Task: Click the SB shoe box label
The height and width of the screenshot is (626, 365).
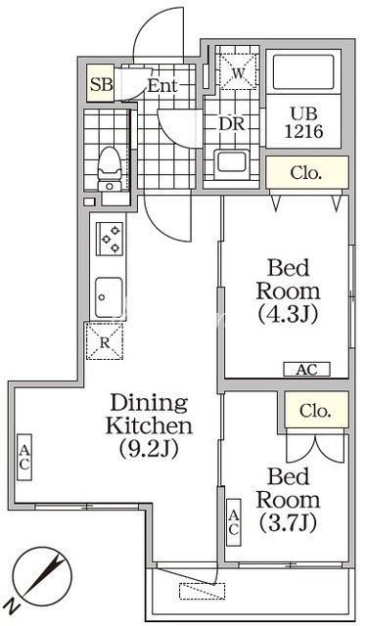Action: pos(101,84)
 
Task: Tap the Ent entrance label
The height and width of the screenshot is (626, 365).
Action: pos(162,85)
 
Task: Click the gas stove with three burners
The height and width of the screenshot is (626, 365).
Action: pos(110,239)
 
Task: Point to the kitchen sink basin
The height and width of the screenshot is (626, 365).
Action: pos(109,297)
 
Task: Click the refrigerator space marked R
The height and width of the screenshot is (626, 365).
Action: pos(105,341)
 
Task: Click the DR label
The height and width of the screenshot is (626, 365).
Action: pos(232,124)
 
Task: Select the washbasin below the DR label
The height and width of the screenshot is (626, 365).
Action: pos(231,164)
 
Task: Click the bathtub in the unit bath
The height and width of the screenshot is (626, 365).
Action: pos(303,71)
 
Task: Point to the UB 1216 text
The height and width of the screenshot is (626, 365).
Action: pos(303,122)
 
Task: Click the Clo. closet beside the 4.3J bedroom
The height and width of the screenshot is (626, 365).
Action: pos(307,172)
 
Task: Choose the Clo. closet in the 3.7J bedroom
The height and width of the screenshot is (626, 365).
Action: pos(316,410)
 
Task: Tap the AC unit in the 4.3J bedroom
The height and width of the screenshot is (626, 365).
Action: pos(306,370)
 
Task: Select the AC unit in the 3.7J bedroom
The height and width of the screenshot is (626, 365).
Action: pos(234,522)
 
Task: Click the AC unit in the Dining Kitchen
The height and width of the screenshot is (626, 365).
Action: pos(24,457)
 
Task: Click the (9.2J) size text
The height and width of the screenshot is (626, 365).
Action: pos(148,449)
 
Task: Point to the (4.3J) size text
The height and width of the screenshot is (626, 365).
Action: pos(288,315)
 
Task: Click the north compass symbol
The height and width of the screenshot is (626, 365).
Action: pos(41,576)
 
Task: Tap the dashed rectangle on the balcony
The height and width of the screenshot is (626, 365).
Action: pos(202,591)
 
